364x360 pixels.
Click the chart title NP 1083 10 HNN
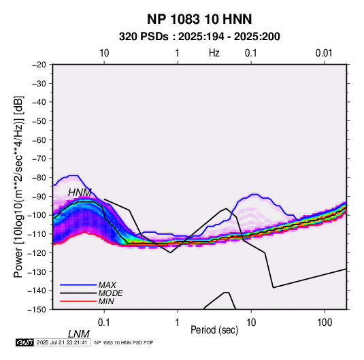click(199, 19)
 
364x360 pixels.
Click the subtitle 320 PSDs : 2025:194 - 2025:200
click(199, 37)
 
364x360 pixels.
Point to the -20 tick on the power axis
click(39, 65)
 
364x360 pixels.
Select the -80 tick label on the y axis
click(39, 178)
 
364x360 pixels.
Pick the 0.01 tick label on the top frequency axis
click(324, 53)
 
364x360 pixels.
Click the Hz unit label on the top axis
click(214, 53)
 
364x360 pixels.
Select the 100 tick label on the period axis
click(325, 323)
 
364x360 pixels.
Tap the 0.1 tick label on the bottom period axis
click(104, 323)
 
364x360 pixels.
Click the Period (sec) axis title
click(214, 330)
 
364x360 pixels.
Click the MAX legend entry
click(107, 285)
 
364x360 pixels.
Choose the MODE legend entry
click(110, 293)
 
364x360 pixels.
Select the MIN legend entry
click(106, 301)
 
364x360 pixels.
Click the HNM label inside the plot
click(80, 193)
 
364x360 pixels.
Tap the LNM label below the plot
click(79, 334)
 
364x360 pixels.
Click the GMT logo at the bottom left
click(24, 342)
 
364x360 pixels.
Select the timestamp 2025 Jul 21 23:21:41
click(62, 342)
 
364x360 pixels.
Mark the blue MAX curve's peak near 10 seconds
click(255, 194)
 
